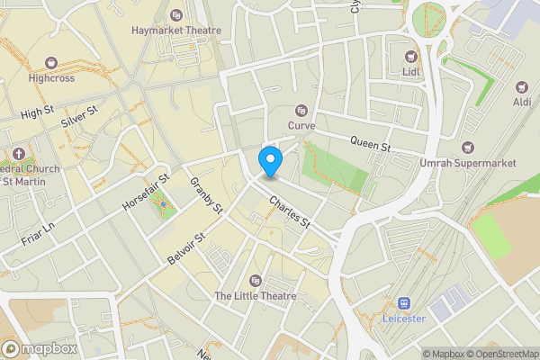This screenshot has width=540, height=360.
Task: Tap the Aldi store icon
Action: tap(520, 87)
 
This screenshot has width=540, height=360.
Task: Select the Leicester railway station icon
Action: tap(404, 303)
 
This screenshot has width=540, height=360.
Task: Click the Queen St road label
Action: tap(371, 142)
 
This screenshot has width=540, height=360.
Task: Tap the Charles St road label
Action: tap(289, 211)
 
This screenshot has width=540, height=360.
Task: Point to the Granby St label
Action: tap(206, 196)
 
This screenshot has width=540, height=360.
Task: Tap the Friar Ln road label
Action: tap(37, 231)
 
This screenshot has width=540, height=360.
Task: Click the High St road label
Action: tap(37, 113)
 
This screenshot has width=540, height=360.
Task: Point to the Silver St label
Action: tap(78, 115)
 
